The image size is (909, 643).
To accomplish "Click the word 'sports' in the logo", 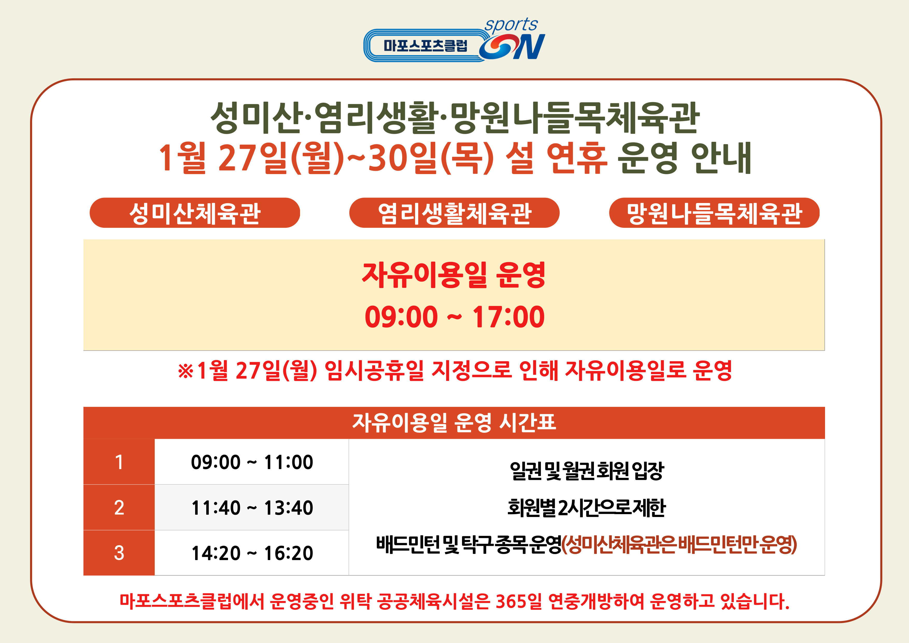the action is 511,25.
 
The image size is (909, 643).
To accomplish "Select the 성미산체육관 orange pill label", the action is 195,213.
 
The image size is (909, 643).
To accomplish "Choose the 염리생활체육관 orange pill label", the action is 454,213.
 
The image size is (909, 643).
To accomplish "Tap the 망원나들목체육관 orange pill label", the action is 714,213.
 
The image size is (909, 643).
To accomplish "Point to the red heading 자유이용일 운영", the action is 454,275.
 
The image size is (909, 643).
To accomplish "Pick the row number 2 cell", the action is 119,507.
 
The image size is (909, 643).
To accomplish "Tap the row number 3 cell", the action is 119,553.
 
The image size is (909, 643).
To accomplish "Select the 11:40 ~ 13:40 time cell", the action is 252,507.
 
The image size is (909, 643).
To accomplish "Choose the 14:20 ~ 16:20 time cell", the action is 252,553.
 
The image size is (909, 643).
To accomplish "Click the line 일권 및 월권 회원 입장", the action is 587,471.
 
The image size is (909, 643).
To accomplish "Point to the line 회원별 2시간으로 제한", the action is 587,507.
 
